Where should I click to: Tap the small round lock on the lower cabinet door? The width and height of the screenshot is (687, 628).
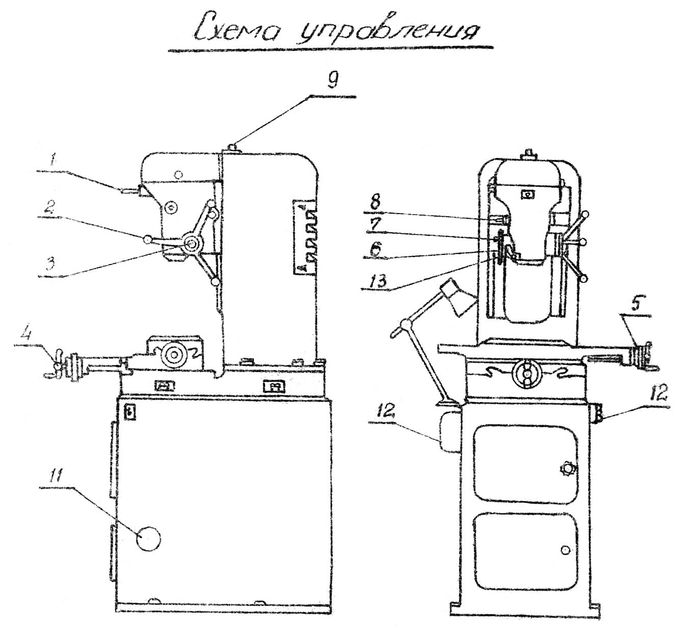click(565, 549)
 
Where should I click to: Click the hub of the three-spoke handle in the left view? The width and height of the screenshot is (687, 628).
click(193, 244)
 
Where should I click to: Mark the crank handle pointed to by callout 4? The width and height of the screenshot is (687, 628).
click(56, 364)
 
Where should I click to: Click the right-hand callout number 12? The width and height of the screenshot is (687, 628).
click(659, 395)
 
